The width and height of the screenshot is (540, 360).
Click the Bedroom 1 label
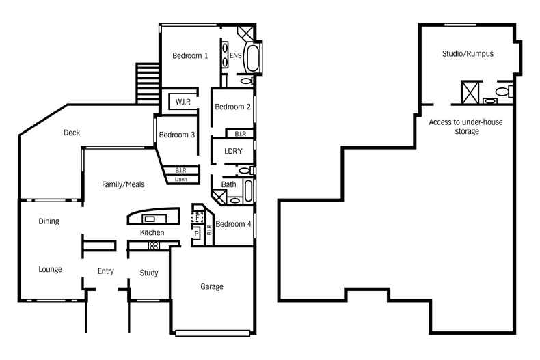point(190,55)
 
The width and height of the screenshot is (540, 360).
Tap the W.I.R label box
point(183,102)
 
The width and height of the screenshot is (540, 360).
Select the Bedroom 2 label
point(232,107)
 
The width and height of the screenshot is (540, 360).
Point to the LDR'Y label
point(233,151)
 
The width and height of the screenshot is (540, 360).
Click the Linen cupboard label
point(180,180)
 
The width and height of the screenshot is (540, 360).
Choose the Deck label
point(72,133)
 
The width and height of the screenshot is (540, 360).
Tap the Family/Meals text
point(123,184)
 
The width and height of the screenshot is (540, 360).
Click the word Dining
point(49,221)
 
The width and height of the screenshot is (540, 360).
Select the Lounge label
point(50,269)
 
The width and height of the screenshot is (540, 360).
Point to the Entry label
point(105,271)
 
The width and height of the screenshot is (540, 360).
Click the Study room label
point(149,273)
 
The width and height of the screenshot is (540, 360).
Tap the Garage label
point(212,287)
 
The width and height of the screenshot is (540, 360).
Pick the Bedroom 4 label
point(233,224)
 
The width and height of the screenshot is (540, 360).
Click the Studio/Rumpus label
point(468,53)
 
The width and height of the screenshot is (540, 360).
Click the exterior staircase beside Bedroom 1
point(148,83)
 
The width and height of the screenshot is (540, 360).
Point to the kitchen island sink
point(150,219)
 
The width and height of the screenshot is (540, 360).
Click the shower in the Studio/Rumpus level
point(468,92)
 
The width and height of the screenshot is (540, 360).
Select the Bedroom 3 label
point(177,135)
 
